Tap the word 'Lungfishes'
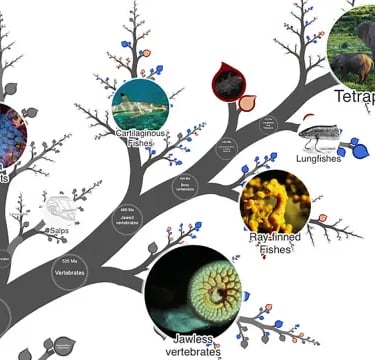(319, 157)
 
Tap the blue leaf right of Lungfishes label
(361, 152)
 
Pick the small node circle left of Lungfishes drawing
(267, 125)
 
